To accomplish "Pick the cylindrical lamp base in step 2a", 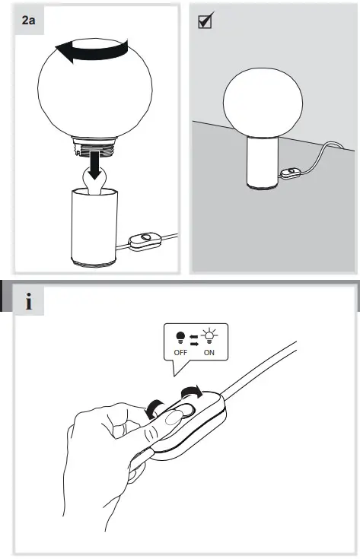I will coord(94,229).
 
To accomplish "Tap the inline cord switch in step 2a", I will coord(143,242).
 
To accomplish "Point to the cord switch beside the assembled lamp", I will coord(289,175).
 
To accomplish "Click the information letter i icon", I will coord(28,303).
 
